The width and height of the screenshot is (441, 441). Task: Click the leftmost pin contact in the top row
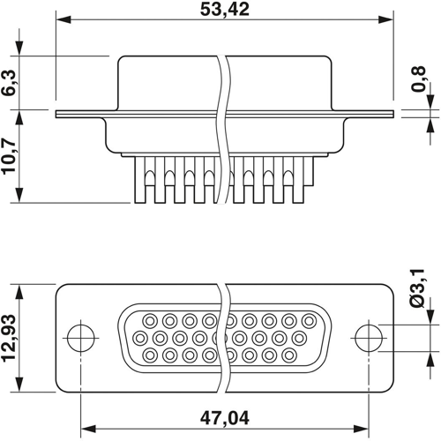(x=147, y=319)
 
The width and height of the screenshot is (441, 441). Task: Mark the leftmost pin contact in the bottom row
(x=147, y=355)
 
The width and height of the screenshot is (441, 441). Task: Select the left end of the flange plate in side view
(x=57, y=113)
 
